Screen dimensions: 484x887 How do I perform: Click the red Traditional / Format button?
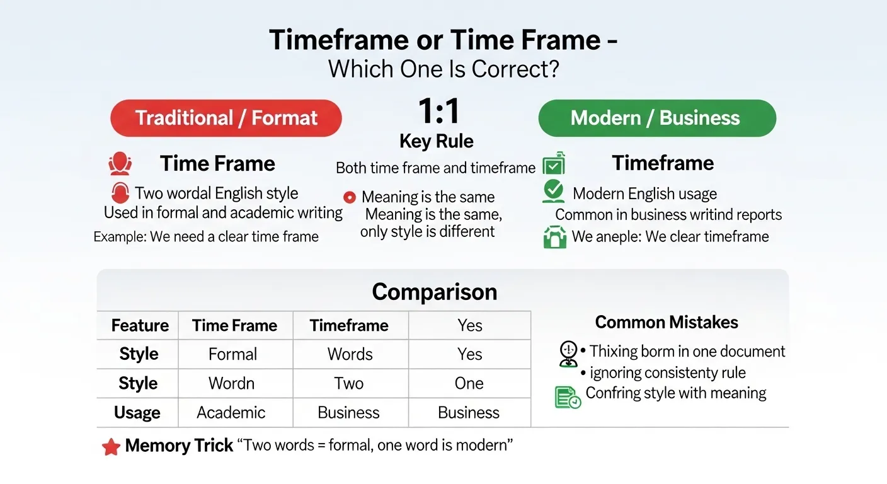(x=226, y=118)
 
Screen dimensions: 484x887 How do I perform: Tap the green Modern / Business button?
(x=656, y=118)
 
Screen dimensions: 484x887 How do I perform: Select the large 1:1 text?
(x=438, y=112)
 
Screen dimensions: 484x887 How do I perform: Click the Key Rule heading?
(x=437, y=142)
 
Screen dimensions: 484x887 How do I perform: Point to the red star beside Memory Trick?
(x=111, y=447)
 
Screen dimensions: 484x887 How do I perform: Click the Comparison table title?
(x=435, y=292)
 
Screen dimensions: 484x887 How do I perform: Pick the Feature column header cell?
(x=140, y=325)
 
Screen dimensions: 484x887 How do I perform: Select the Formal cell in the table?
(x=232, y=354)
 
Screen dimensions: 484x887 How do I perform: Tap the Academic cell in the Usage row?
(x=231, y=413)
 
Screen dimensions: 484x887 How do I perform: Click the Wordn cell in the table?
(x=232, y=383)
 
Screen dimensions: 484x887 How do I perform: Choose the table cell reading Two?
(x=349, y=383)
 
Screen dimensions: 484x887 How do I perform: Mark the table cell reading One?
(x=469, y=383)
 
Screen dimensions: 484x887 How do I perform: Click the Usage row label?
(x=137, y=413)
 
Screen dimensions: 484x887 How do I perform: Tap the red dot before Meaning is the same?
(x=349, y=197)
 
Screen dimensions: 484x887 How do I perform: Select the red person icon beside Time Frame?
(x=120, y=164)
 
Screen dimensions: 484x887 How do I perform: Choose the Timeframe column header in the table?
(x=349, y=325)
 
